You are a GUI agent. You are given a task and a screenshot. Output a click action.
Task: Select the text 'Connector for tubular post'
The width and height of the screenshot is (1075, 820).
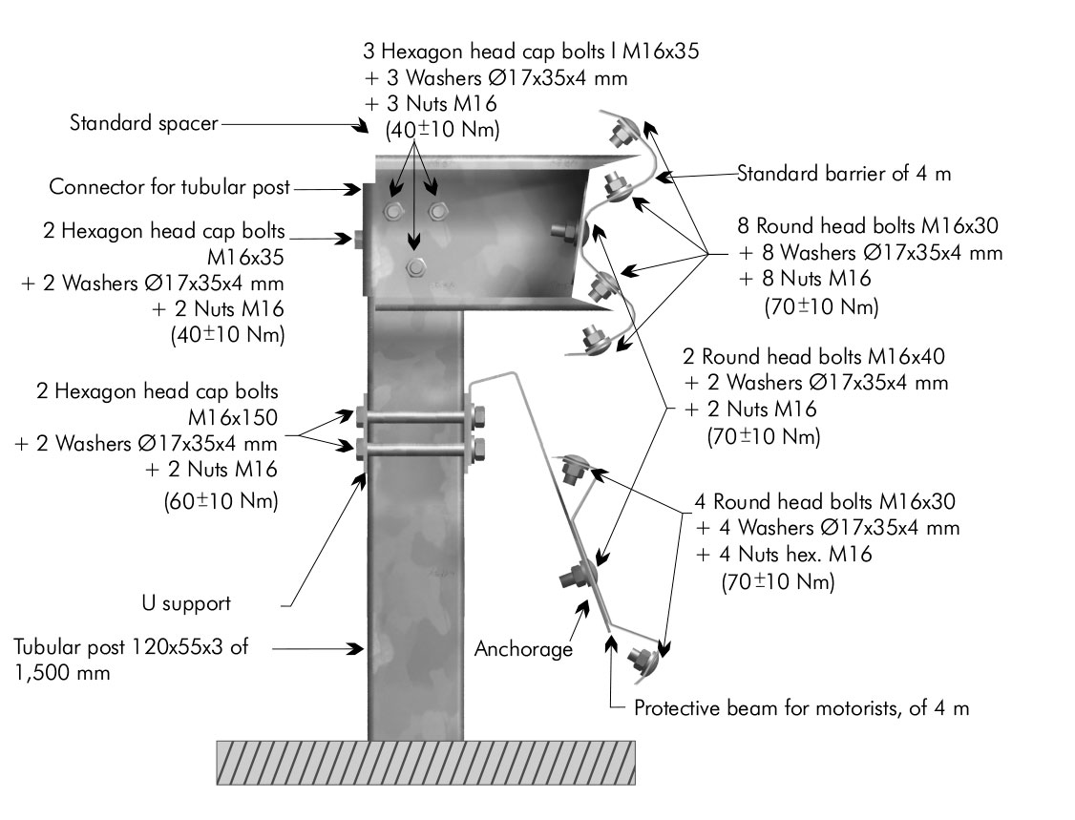[x=170, y=187]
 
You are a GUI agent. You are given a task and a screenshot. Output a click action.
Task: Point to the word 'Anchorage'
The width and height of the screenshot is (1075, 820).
[x=524, y=649]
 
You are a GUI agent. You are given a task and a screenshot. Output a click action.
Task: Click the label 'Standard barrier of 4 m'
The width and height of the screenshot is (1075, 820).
[x=844, y=174]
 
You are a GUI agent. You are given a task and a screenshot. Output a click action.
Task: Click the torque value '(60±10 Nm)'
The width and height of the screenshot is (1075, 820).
[x=221, y=500]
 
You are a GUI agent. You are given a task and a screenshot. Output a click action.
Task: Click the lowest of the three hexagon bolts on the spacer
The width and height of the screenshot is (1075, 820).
[x=414, y=266]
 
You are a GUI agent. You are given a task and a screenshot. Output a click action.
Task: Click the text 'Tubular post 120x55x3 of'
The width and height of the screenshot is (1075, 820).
[x=131, y=647]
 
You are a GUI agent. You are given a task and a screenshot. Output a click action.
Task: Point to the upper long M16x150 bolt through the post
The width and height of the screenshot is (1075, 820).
[x=416, y=417]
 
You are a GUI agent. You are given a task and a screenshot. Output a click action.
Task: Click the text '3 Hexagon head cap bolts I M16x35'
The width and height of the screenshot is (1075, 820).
[x=532, y=52]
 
